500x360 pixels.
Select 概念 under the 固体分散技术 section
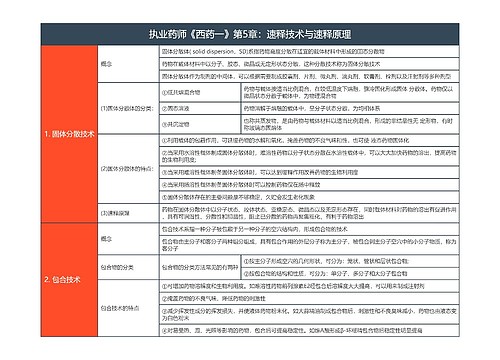(108, 63)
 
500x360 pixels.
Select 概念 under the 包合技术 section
(108, 239)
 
